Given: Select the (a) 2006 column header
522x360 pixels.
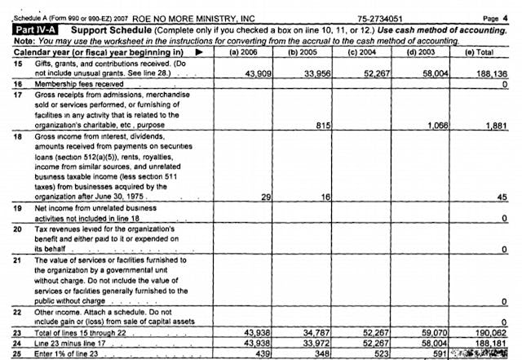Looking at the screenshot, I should click(245, 52).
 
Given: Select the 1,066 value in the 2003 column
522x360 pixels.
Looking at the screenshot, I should click(440, 125).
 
